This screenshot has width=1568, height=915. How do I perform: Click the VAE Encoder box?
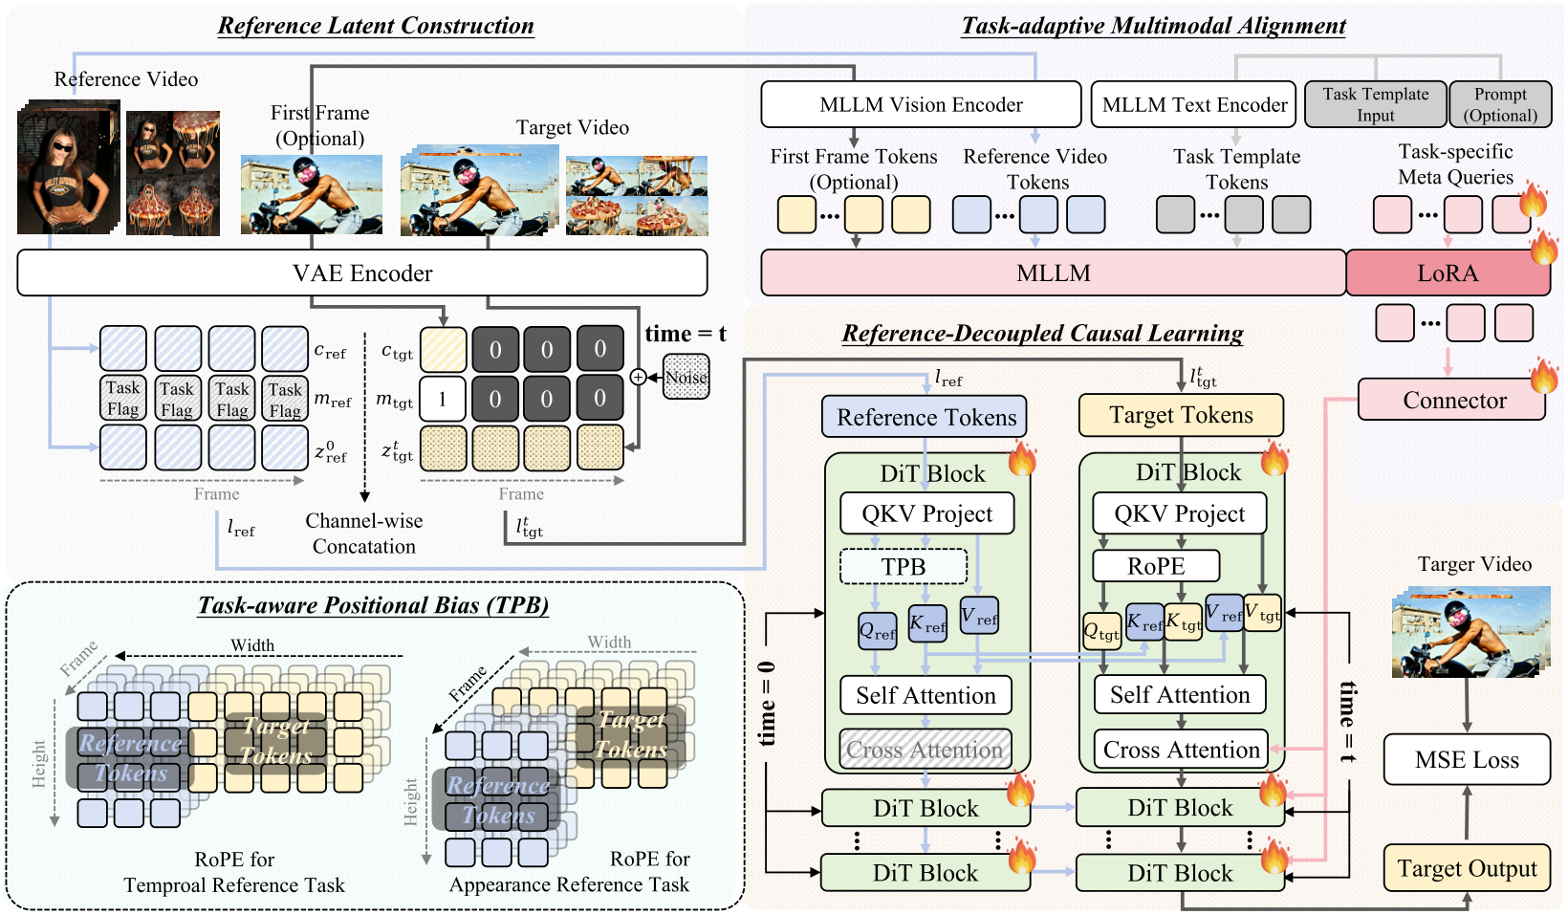click(x=361, y=273)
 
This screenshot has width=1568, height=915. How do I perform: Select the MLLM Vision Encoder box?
click(x=920, y=104)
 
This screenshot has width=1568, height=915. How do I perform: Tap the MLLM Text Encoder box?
click(x=1193, y=104)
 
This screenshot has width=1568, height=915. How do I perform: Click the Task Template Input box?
click(x=1375, y=104)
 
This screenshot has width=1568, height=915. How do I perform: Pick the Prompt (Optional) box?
click(x=1499, y=104)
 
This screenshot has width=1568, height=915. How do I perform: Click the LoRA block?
click(x=1447, y=273)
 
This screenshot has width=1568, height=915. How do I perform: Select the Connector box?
click(x=1451, y=400)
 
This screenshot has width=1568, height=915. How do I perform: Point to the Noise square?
click(x=686, y=377)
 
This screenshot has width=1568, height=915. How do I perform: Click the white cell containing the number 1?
click(x=442, y=399)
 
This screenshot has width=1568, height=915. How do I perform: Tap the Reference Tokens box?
click(x=925, y=417)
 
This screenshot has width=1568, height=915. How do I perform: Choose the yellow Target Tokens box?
click(x=1180, y=415)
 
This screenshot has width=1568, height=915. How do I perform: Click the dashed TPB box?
click(x=903, y=567)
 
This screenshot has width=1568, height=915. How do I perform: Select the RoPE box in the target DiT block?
click(x=1155, y=566)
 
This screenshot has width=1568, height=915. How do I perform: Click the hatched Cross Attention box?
click(x=925, y=750)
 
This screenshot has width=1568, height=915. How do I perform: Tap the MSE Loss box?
click(x=1466, y=760)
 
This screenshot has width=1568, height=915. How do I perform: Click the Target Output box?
click(x=1466, y=868)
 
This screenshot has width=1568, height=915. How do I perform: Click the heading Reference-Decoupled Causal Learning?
click(x=1042, y=334)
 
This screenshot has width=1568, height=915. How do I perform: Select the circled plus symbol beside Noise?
click(x=638, y=378)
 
